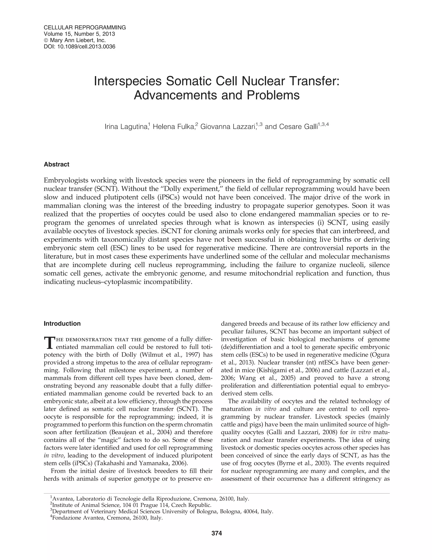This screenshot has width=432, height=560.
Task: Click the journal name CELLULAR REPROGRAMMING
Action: pos(85,27)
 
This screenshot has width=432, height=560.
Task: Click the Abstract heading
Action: pos(57,164)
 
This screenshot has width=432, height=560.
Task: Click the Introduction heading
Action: pos(62,324)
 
